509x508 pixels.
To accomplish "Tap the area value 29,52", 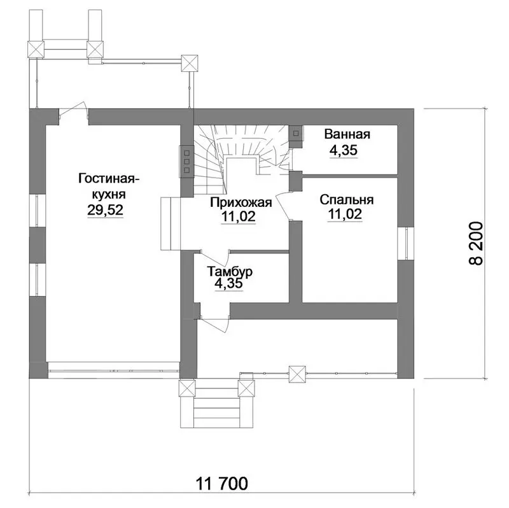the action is pyautogui.click(x=105, y=210).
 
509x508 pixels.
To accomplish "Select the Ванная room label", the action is pyautogui.click(x=347, y=134).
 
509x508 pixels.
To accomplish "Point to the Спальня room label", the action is pyautogui.click(x=346, y=200).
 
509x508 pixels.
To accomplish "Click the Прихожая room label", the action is pyautogui.click(x=241, y=202).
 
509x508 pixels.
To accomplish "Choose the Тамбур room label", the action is pyautogui.click(x=230, y=271).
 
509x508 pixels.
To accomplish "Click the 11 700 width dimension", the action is pyautogui.click(x=221, y=483).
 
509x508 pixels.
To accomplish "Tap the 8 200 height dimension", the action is pyautogui.click(x=477, y=243).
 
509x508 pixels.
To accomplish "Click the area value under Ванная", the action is pyautogui.click(x=344, y=150).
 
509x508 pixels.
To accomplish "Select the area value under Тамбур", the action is pyautogui.click(x=228, y=283).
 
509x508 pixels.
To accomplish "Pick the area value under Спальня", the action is pyautogui.click(x=345, y=214).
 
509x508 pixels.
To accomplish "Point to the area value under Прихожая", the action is pyautogui.click(x=239, y=216).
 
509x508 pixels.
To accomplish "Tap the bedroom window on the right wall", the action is pyautogui.click(x=406, y=243).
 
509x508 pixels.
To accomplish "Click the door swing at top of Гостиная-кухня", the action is pyautogui.click(x=74, y=113).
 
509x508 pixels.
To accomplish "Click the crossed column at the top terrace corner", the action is pyautogui.click(x=189, y=63).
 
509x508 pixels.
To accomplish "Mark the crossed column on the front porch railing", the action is pyautogui.click(x=298, y=374).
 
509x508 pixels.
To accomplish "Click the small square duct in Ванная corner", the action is pyautogui.click(x=296, y=133).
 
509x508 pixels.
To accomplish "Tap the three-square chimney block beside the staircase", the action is pyautogui.click(x=186, y=162).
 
